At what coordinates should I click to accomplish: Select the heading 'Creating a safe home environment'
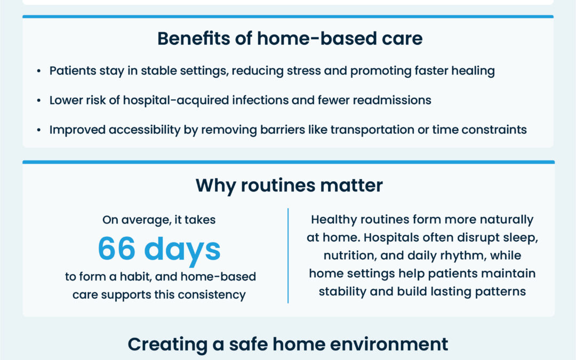[288, 344]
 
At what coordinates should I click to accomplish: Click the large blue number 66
[116, 249]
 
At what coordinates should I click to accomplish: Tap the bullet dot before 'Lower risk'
[39, 101]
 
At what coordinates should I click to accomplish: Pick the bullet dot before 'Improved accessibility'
[39, 130]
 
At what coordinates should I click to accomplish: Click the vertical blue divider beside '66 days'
[288, 256]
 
